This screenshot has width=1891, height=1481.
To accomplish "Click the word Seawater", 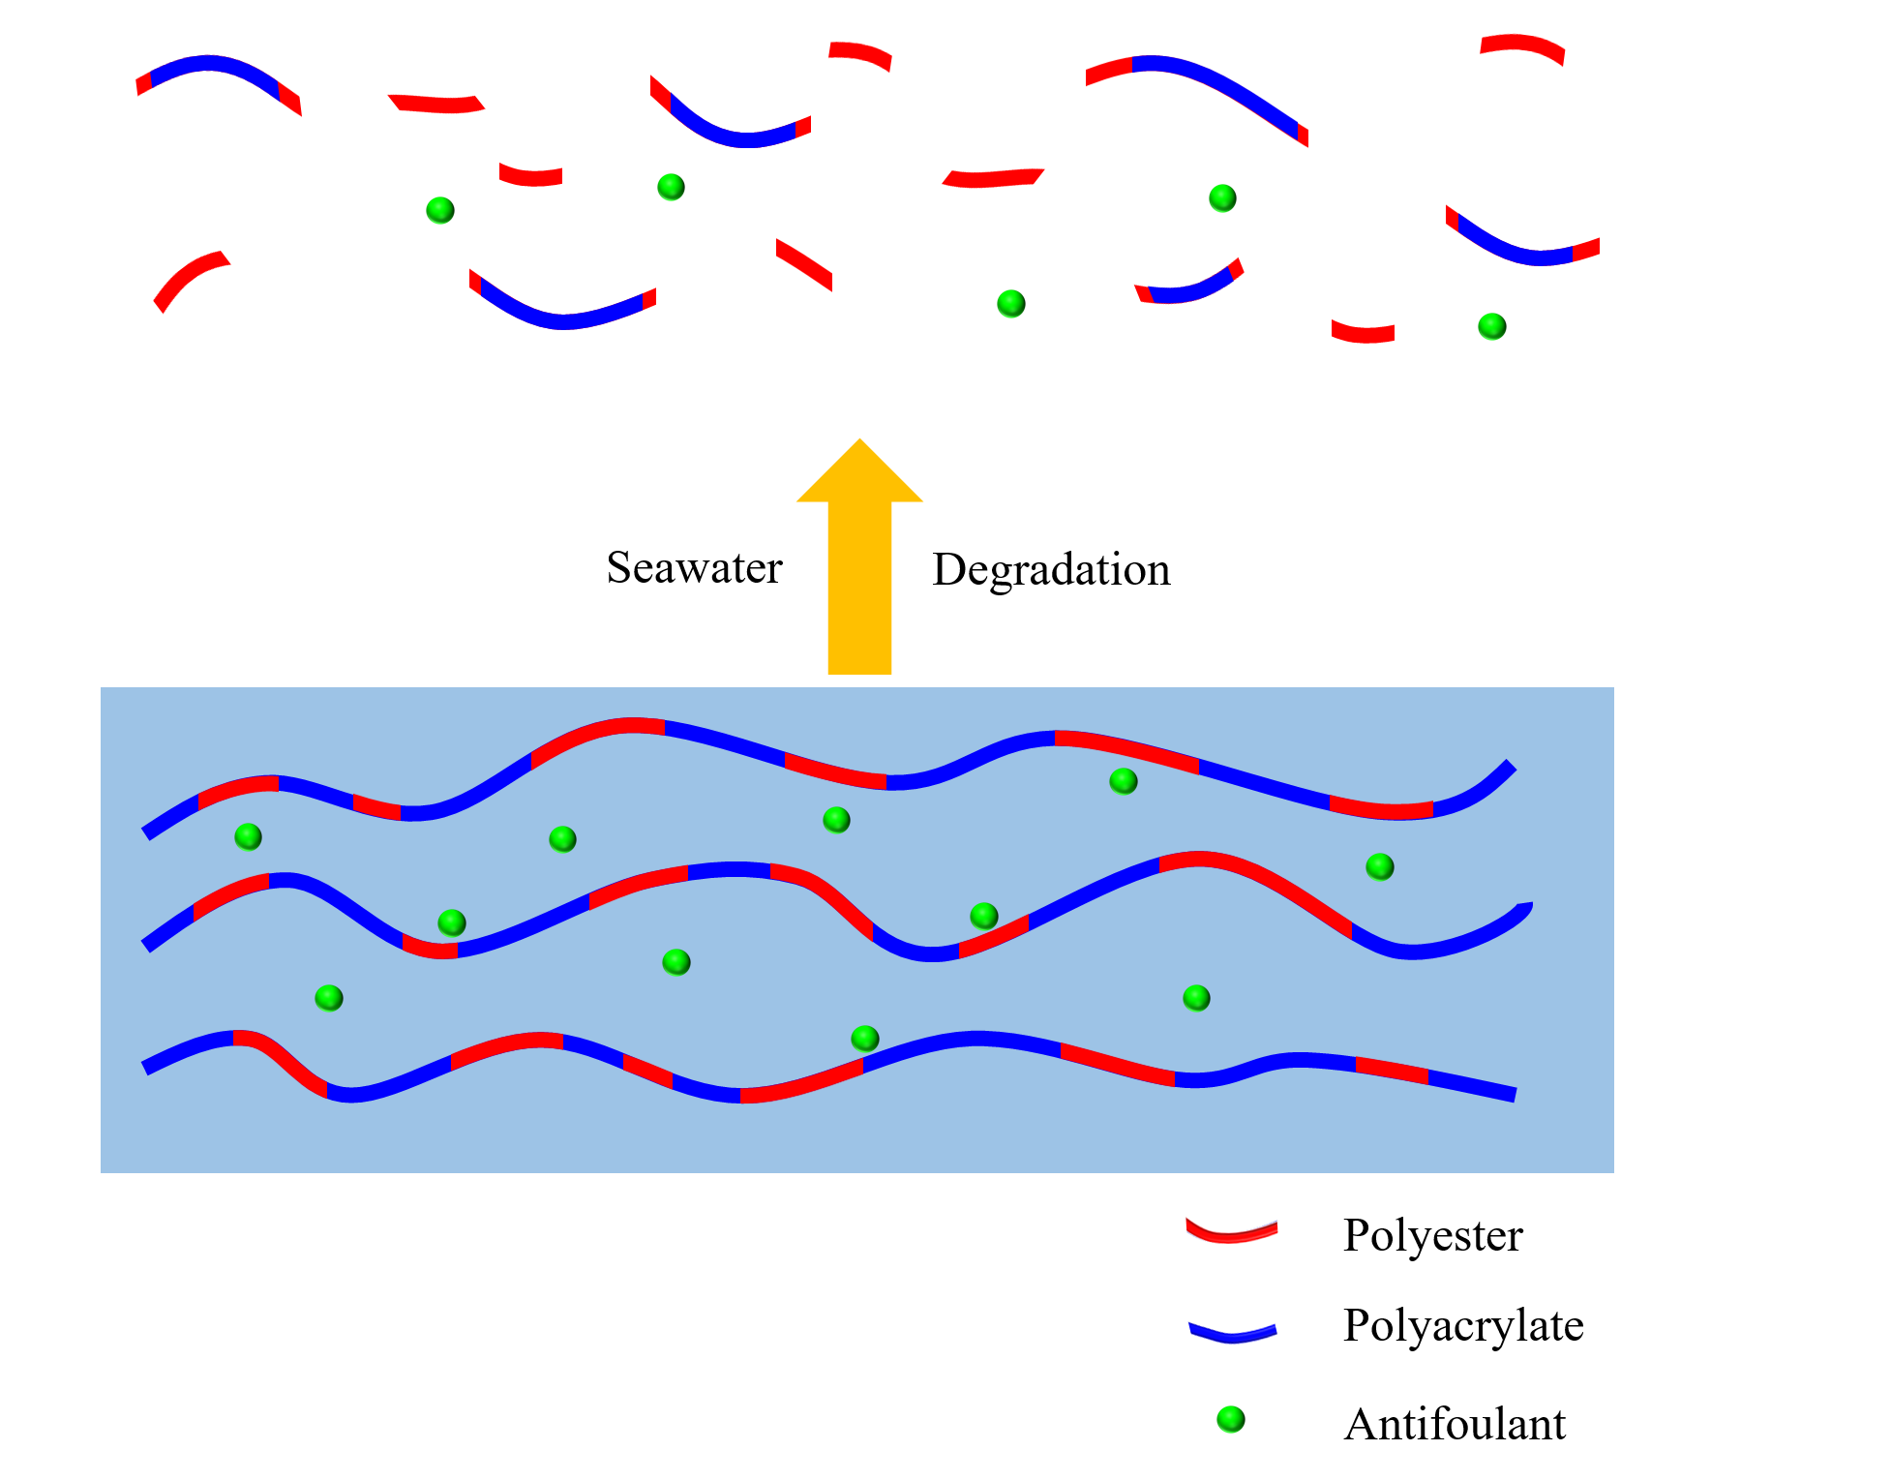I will point(694,567).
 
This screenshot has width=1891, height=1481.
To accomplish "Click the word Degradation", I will point(1051,569).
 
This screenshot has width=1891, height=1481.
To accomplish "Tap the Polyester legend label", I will point(1432,1235).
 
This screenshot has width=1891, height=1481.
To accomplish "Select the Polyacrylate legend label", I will point(1463,1325).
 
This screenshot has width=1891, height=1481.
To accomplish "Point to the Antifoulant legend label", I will point(1455,1425).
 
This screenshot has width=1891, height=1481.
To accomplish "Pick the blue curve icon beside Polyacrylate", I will point(1232,1333).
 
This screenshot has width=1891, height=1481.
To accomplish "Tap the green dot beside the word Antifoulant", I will point(1230,1419).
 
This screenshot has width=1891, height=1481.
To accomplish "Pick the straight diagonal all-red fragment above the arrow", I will point(803,263).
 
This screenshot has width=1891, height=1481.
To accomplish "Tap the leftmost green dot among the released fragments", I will point(440,210).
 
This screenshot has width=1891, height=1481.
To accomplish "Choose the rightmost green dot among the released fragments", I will point(1492,326).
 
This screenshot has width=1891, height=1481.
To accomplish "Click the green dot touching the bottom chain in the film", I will point(864,1039).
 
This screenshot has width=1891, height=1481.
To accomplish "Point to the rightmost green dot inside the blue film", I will point(1380,866).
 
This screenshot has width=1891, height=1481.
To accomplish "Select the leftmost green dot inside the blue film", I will point(249,836).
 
